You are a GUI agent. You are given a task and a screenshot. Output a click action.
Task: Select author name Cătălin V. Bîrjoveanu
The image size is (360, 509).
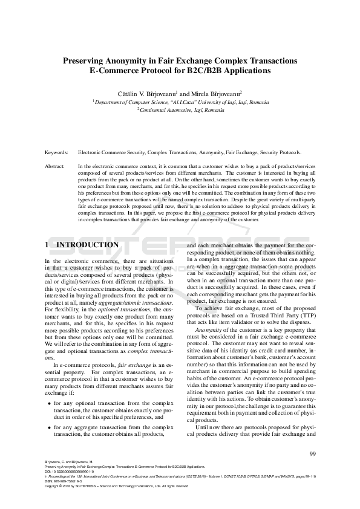coord(148,94)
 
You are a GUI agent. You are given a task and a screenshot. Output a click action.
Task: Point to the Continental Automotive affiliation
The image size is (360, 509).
coord(181,111)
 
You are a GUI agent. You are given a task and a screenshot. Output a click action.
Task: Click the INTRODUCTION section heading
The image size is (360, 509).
coord(87,245)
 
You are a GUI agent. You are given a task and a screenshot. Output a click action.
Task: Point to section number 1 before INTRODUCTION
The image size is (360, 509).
coord(48,245)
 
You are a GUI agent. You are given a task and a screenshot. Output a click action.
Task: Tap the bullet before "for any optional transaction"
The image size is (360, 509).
coord(48,403)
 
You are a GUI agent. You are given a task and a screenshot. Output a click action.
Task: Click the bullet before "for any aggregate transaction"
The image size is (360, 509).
coord(48,427)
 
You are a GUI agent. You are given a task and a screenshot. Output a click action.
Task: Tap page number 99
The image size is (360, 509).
coord(312,454)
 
